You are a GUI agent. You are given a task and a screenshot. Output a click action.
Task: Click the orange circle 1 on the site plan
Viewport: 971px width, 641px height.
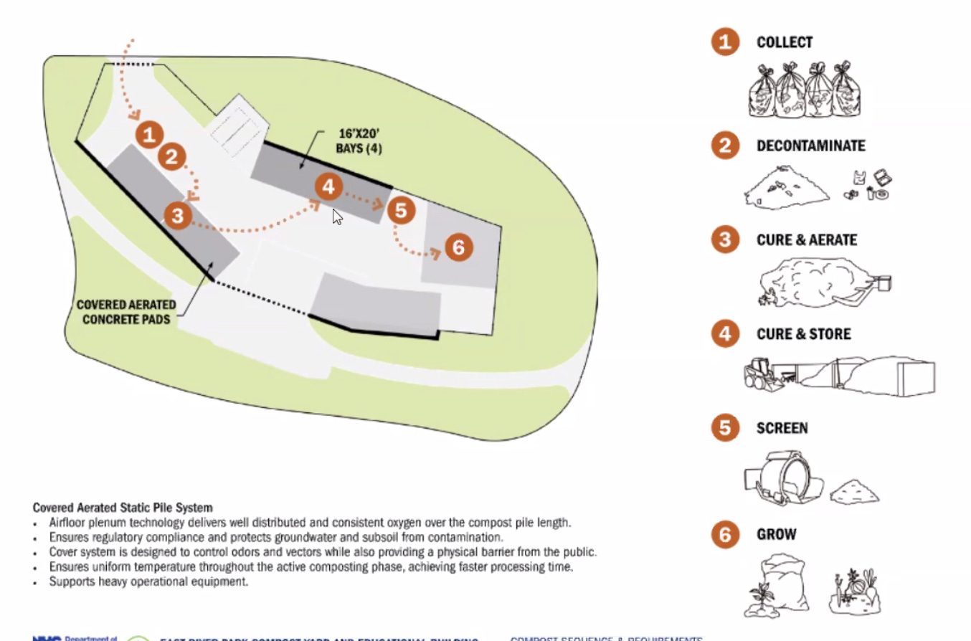click(x=148, y=134)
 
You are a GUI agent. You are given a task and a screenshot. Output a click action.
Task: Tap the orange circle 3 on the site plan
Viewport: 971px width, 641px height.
click(x=177, y=214)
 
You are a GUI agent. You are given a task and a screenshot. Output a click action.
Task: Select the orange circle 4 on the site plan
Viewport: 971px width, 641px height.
click(x=328, y=187)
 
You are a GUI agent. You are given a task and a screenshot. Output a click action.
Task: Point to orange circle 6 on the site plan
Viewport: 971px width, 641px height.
click(x=459, y=247)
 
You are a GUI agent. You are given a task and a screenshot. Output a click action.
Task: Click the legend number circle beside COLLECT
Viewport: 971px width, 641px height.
click(x=725, y=42)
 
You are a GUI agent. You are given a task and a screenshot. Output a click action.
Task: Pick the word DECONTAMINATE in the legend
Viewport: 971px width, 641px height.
click(x=810, y=146)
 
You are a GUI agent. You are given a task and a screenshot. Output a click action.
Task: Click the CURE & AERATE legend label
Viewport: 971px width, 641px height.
click(x=806, y=239)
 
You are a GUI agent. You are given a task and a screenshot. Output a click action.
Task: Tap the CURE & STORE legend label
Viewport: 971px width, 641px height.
click(x=803, y=334)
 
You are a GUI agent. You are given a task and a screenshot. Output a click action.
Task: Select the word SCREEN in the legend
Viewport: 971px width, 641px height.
click(x=782, y=428)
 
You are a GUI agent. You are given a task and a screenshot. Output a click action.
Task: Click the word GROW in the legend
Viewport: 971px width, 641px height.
click(x=776, y=534)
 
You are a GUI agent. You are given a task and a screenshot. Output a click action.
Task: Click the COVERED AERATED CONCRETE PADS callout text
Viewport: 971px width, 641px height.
click(x=127, y=312)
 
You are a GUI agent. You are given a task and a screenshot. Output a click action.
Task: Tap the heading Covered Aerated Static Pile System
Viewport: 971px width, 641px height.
click(x=123, y=508)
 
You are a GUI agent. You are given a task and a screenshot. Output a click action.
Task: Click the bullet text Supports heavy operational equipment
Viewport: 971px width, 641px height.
click(x=148, y=581)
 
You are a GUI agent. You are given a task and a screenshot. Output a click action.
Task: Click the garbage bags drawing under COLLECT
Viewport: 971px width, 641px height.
click(x=804, y=90)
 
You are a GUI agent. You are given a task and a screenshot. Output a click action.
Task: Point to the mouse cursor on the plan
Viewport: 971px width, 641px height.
click(x=337, y=217)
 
